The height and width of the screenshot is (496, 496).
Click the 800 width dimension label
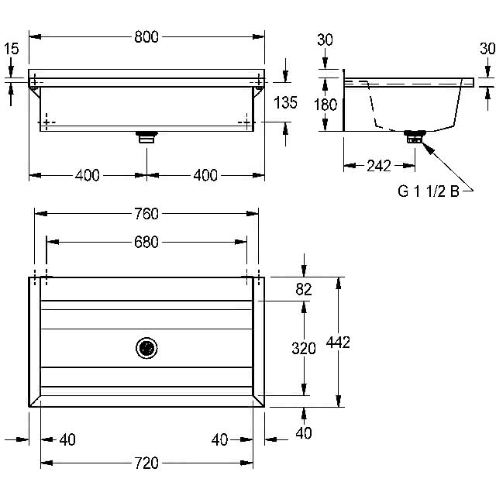146,37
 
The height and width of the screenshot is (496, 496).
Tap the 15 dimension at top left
12,49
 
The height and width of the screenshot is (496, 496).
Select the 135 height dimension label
285,103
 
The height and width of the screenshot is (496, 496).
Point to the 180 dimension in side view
325,105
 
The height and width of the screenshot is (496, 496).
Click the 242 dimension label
379,166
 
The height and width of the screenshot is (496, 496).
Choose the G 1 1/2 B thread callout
429,191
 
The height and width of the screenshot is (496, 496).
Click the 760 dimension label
146,214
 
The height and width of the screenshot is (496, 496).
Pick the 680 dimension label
146,243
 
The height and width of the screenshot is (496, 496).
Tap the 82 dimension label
304,289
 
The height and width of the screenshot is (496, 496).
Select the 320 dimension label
304,348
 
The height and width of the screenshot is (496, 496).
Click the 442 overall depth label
338,343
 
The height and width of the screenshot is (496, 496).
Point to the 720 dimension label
146,463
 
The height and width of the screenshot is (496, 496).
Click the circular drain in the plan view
146,348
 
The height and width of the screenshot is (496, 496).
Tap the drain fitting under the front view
146,137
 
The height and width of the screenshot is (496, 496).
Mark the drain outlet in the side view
415,136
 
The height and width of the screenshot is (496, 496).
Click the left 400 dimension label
88,175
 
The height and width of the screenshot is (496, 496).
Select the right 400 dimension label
205,175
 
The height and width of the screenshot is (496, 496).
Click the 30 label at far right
487,48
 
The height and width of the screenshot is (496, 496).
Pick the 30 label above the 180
325,40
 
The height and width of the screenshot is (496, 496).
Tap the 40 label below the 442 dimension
304,432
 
